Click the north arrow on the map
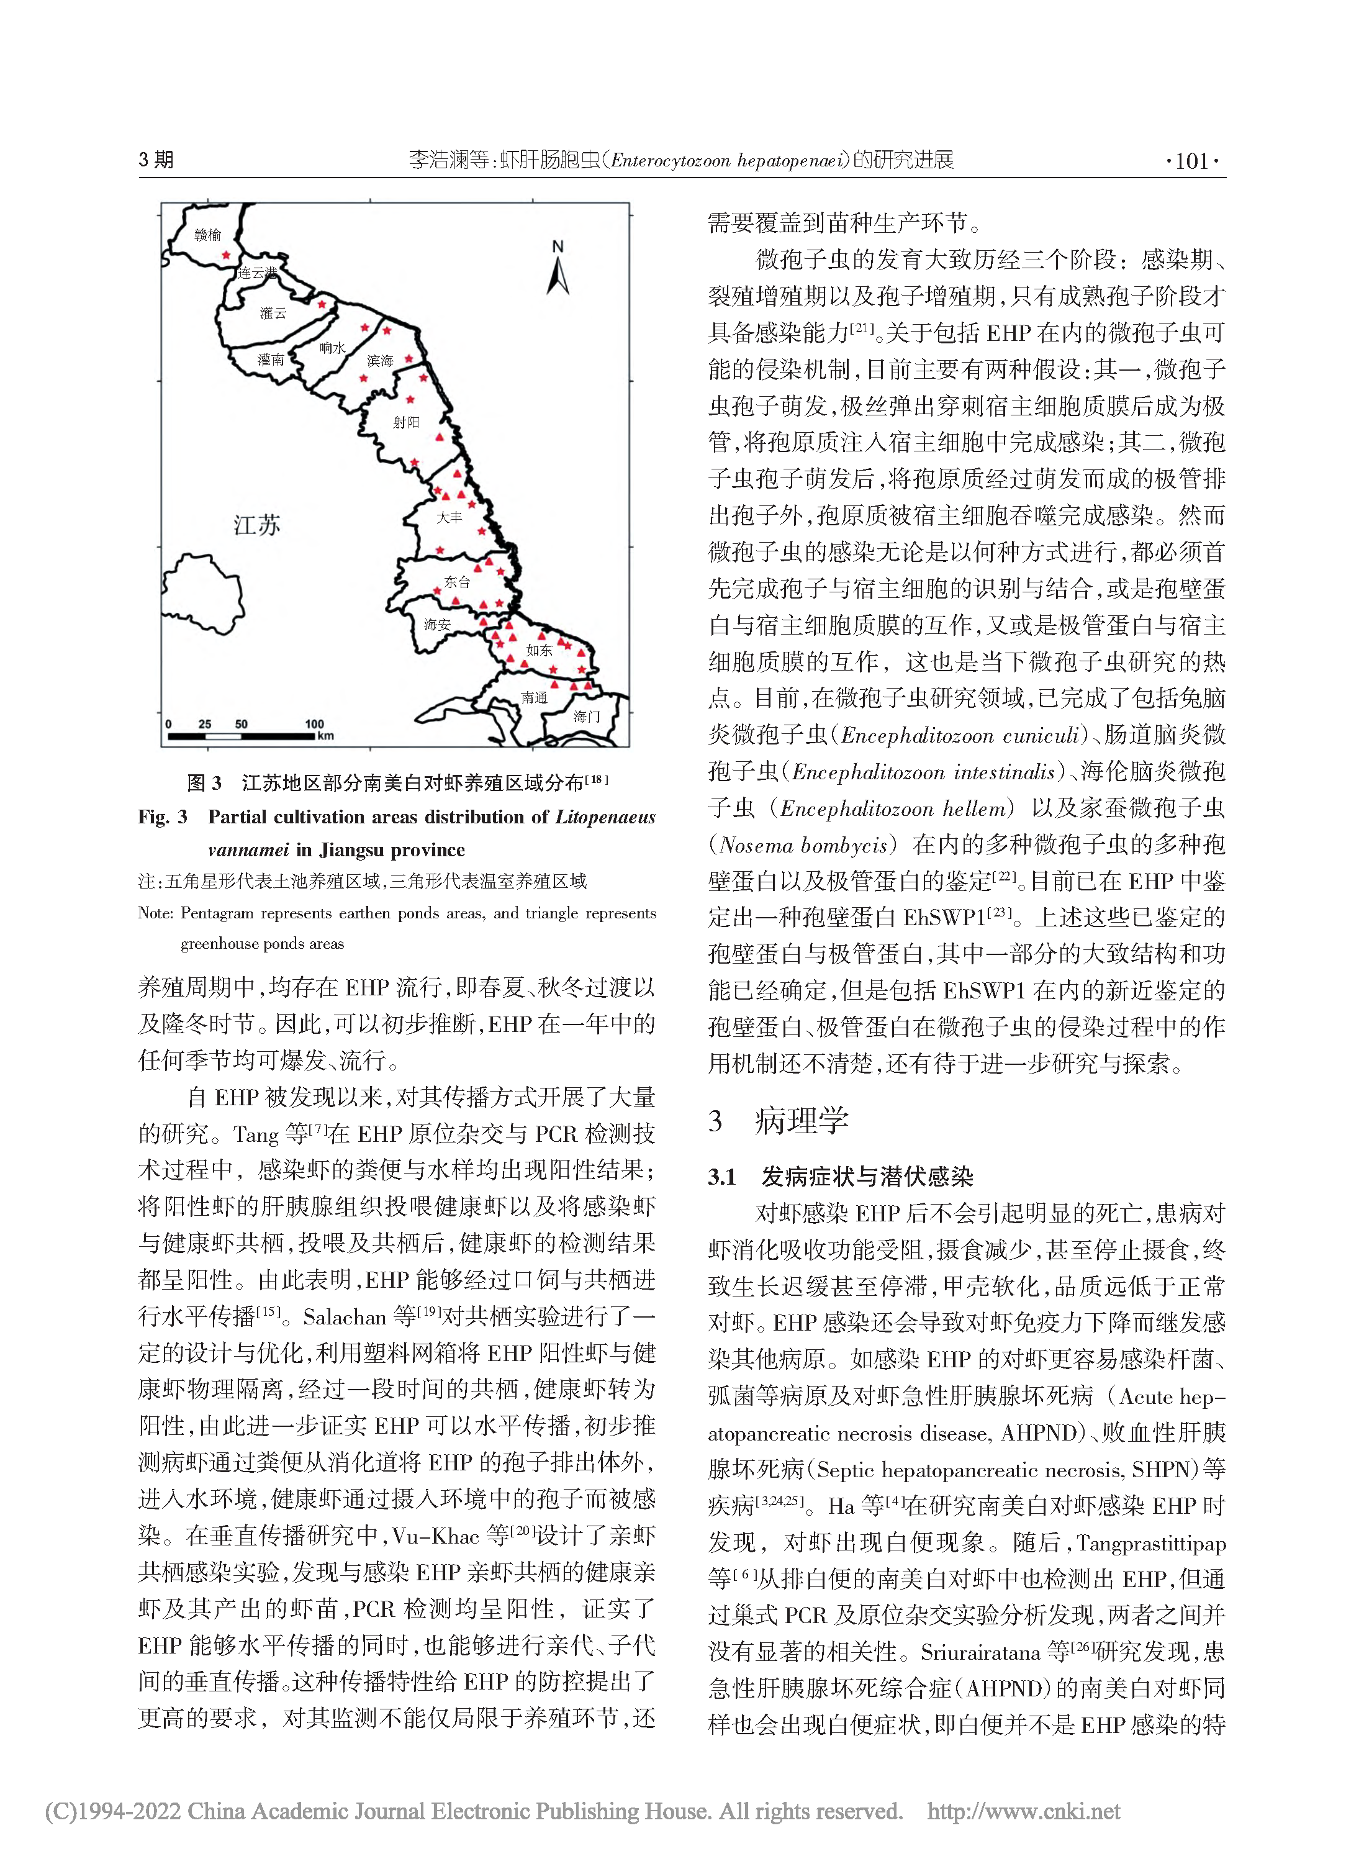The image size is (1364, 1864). [558, 271]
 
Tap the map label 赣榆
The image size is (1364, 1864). [207, 235]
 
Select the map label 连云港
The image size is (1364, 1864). [257, 273]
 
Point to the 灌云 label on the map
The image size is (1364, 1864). [273, 313]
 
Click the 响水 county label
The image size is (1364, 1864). [332, 348]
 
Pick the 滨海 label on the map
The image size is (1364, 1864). [380, 361]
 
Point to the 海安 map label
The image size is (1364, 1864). [437, 625]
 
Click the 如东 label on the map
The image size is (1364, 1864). [539, 651]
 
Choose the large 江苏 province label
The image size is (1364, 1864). [257, 525]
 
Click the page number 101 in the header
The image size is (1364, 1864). [1191, 160]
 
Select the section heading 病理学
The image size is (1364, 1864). [801, 1121]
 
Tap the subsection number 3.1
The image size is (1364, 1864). [721, 1177]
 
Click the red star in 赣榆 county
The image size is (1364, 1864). [226, 256]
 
